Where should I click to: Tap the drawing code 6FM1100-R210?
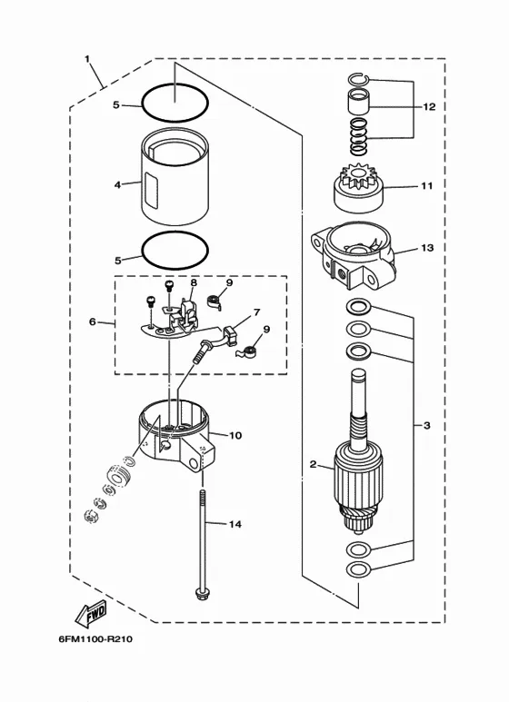coord(95,638)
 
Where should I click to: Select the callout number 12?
coord(429,107)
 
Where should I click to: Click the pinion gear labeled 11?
coord(359,188)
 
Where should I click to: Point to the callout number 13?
coord(428,248)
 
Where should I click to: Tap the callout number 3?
coord(426,425)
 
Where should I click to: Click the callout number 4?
coord(117,184)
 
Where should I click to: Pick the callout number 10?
coord(235,435)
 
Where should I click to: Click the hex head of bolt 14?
coord(202,594)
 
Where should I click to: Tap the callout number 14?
coord(235,524)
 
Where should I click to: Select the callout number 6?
coord(93,321)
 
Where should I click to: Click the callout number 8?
coord(194,283)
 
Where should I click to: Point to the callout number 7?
coord(256,312)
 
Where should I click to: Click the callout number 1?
coord(87,59)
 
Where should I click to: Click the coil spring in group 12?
coord(358,135)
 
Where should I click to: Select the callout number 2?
coord(314,464)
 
